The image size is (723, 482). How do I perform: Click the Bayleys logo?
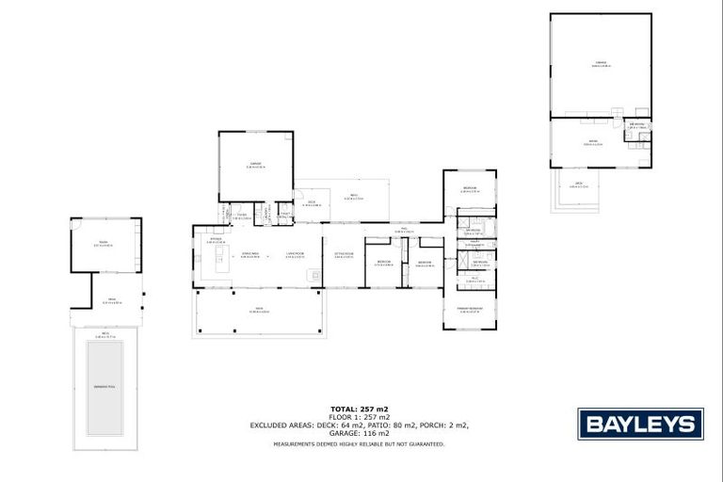pyautogui.click(x=639, y=423)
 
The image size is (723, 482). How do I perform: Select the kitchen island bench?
pyautogui.click(x=222, y=266)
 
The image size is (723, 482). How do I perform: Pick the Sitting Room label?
pyautogui.click(x=343, y=253)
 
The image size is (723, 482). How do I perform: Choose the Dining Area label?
pyautogui.click(x=249, y=253)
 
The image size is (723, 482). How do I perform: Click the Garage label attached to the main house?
pyautogui.click(x=255, y=166)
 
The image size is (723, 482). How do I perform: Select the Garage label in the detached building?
pyautogui.click(x=600, y=64)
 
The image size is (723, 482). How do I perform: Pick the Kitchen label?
pyautogui.click(x=216, y=240)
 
